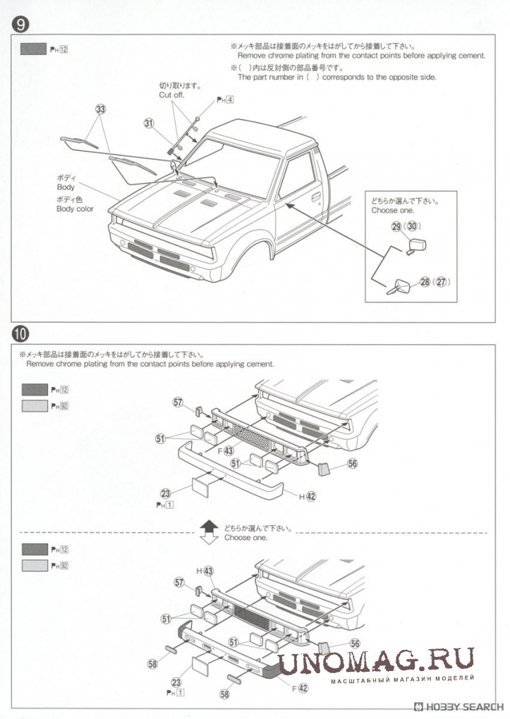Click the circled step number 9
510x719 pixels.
pyautogui.click(x=20, y=25)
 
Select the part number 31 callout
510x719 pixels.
pyautogui.click(x=149, y=123)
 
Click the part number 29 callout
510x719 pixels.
pyautogui.click(x=396, y=226)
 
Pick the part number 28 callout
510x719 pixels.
pyautogui.click(x=425, y=282)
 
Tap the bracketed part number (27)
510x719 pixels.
pyautogui.click(x=442, y=282)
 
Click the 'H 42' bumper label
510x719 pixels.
pyautogui.click(x=307, y=496)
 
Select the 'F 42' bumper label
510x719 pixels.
pyautogui.click(x=299, y=687)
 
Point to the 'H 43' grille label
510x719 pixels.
pyautogui.click(x=205, y=570)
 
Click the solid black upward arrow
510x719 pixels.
pyautogui.click(x=208, y=525)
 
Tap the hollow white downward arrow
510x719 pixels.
pyautogui.click(x=208, y=539)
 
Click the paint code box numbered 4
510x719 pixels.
pyautogui.click(x=230, y=99)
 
